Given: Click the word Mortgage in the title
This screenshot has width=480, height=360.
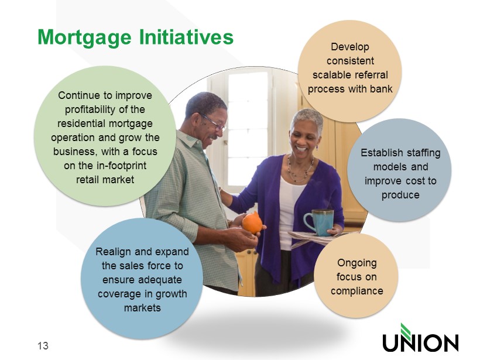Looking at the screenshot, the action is coord(84,38).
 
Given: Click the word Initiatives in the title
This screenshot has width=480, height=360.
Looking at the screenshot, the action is coord(186,37).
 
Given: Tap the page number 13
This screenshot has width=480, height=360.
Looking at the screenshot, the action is coord(43,345).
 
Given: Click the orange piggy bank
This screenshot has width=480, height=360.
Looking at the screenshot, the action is coord(252,222).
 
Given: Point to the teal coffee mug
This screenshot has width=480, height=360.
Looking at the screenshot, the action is coord(319,222).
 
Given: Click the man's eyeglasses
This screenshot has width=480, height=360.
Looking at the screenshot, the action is coord(214,122).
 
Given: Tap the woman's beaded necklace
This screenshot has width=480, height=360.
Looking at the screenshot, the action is coord(300,169).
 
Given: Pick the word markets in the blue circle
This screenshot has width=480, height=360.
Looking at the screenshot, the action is coord(142,308).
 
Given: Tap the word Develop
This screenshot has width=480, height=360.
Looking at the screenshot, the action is coord(350,47).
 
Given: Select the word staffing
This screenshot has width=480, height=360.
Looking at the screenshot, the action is coord(423,153).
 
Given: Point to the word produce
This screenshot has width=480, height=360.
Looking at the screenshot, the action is coord(400,196).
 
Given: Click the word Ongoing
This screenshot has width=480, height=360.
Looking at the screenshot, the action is coord(357,263).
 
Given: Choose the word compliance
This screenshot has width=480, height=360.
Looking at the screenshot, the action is coord(357,291).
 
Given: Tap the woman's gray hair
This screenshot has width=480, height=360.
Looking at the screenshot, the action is coord(308,118).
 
